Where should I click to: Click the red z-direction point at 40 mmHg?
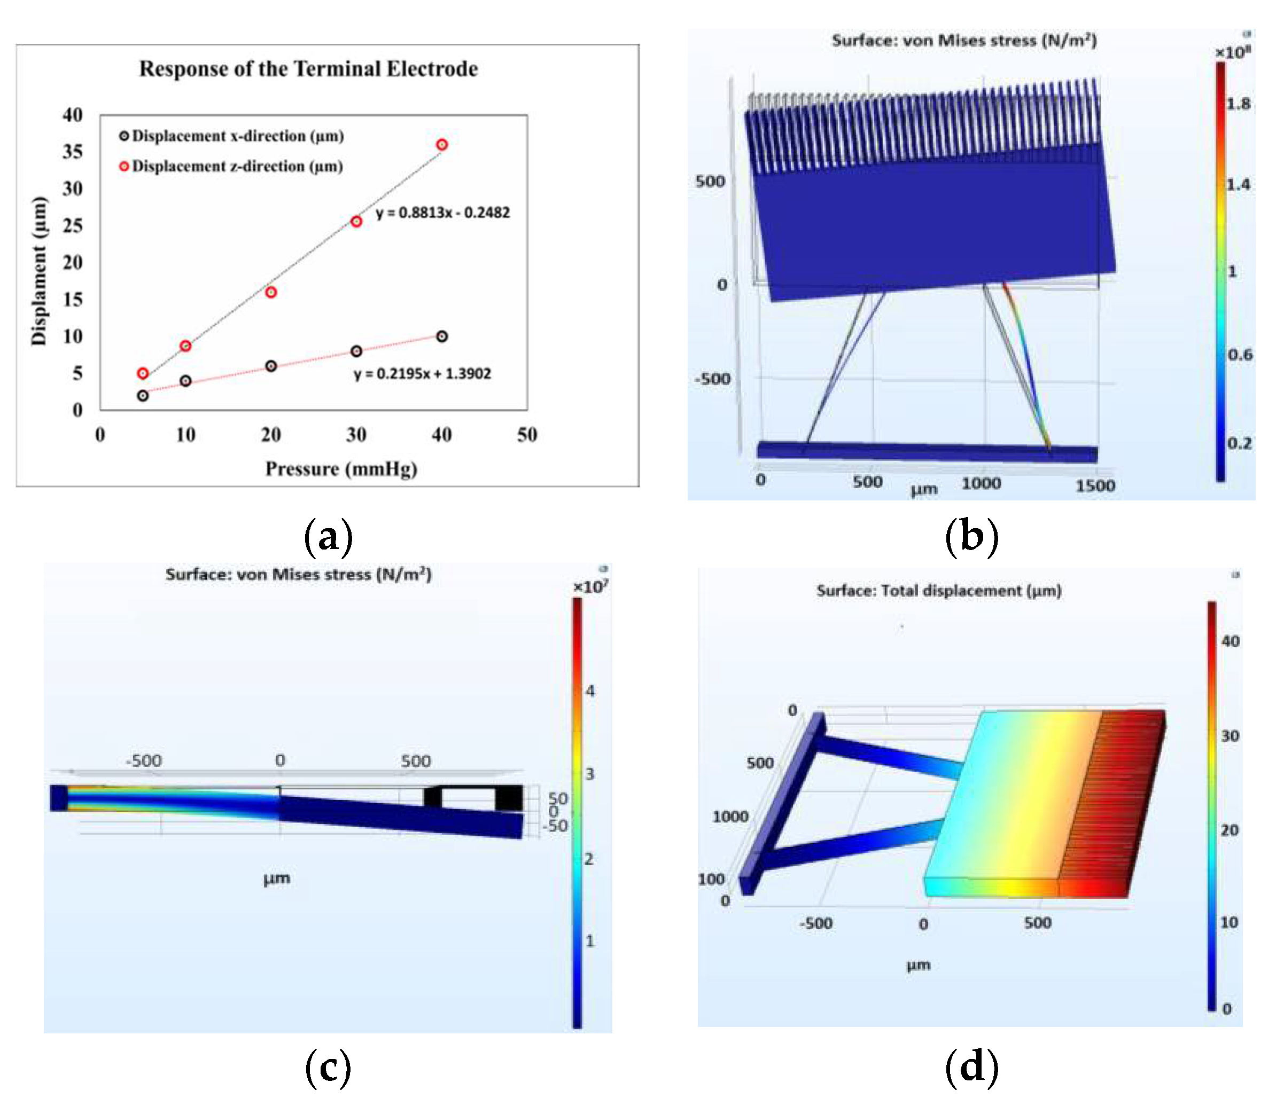coord(442,145)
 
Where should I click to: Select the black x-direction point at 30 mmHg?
coord(356,352)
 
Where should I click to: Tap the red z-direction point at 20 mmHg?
coord(271,292)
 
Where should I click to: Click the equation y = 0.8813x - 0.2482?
coord(442,213)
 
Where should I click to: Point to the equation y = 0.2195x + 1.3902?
coord(422,374)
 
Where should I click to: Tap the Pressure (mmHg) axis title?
coord(341,469)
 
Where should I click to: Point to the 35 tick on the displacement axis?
coord(73,152)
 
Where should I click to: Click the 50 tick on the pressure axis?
coord(527,435)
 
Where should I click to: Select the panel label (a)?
coord(328,536)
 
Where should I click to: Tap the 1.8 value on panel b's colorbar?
coord(1238,104)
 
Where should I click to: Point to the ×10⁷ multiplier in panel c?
coord(590,586)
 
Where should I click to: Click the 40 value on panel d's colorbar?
coord(1230,641)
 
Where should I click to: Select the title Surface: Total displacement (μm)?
coord(939,591)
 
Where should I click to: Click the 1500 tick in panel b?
coord(1095,485)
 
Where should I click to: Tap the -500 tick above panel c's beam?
coord(144,760)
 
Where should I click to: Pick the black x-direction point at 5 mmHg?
coord(143,396)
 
